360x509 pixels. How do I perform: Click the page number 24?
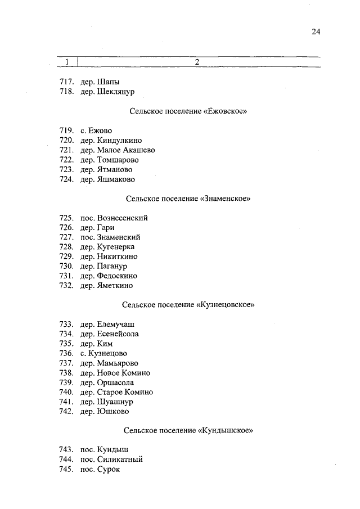click(x=315, y=32)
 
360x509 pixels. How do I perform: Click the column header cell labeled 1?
click(x=67, y=62)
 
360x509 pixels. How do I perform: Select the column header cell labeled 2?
click(x=197, y=62)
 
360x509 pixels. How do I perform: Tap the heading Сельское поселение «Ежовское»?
click(x=188, y=111)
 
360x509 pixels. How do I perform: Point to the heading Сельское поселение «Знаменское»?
click(x=188, y=199)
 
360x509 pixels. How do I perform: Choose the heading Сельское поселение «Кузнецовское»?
click(x=188, y=305)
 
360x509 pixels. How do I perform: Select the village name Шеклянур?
click(x=116, y=91)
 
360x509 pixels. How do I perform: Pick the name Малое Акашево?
click(x=125, y=150)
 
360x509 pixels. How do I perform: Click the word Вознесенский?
click(x=122, y=218)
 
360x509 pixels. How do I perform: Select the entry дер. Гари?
click(x=97, y=227)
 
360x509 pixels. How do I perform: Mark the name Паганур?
click(x=112, y=266)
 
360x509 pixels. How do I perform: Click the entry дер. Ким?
click(x=97, y=344)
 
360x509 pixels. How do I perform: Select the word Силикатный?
click(x=119, y=459)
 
